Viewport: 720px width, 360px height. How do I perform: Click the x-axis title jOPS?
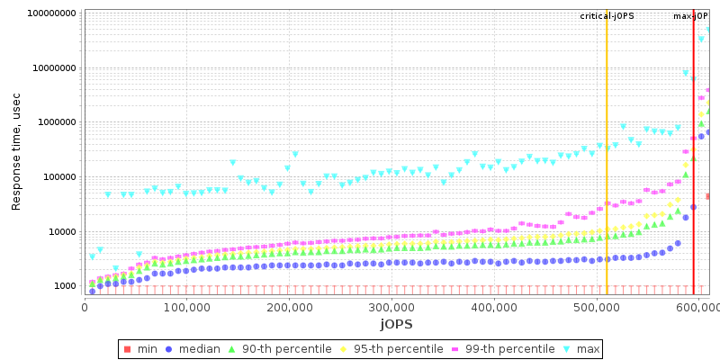(396, 324)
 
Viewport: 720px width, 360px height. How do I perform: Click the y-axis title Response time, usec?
(16, 151)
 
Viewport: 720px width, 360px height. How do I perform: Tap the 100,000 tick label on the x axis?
(186, 308)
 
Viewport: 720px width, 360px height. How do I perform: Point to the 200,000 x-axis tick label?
(289, 308)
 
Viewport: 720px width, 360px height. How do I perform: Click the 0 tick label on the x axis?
(85, 308)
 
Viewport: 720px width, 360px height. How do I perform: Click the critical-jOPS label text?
(607, 16)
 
